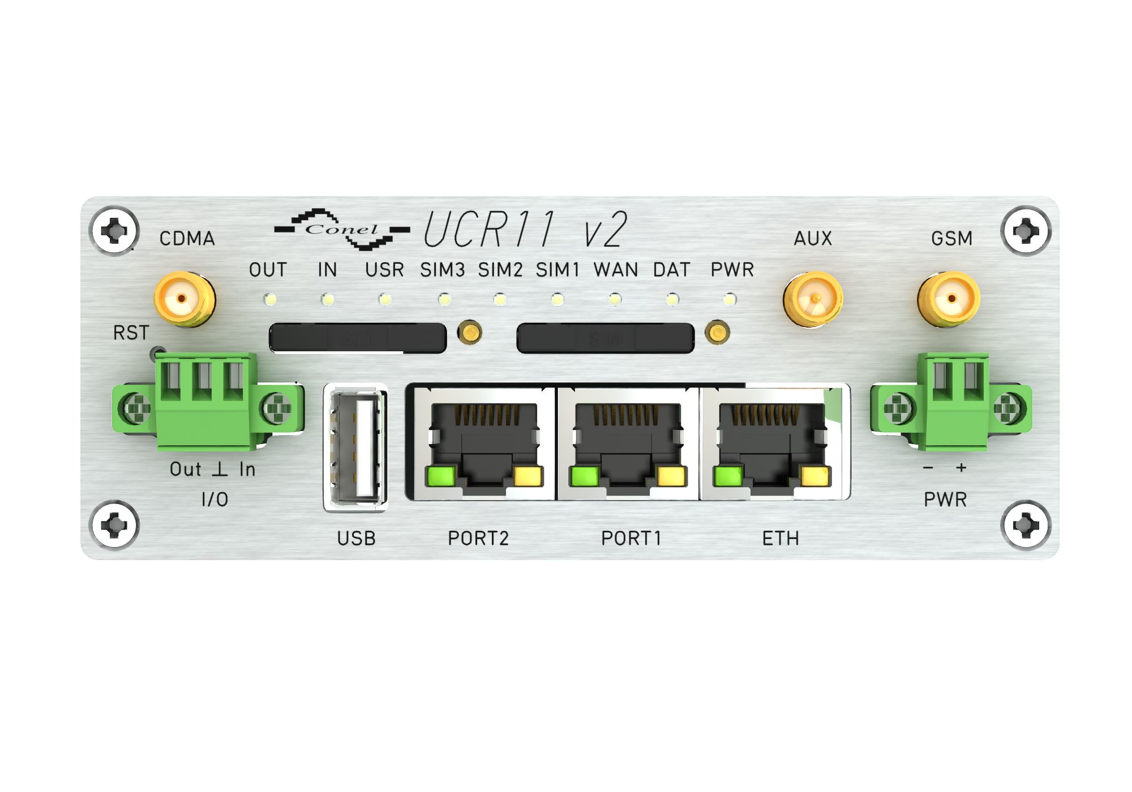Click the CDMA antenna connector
[185, 299]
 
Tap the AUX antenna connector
[813, 299]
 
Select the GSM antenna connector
[949, 299]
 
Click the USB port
[355, 447]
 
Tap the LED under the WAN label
[615, 299]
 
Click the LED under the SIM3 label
[444, 299]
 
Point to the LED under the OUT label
[270, 299]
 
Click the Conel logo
[342, 229]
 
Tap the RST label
[131, 333]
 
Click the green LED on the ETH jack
[728, 476]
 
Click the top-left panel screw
[114, 231]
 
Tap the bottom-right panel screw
[1026, 526]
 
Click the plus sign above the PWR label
[961, 468]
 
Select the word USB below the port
[356, 538]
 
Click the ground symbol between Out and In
[220, 469]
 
